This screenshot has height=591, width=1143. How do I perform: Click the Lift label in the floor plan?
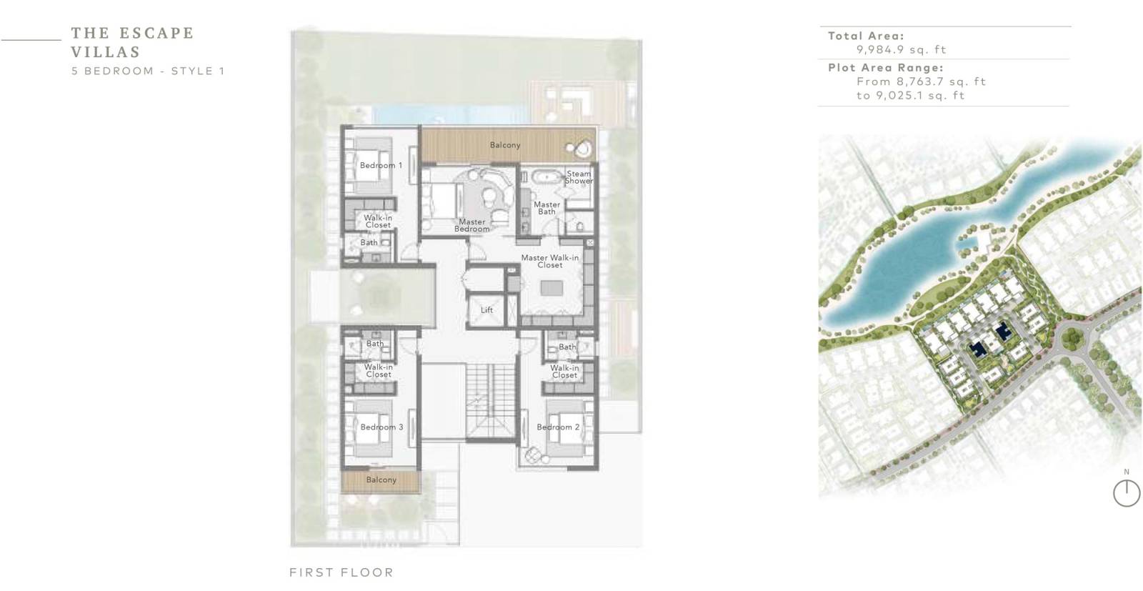click(486, 309)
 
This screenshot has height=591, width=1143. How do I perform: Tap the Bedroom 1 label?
click(381, 165)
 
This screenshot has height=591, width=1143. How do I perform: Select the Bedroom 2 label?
click(558, 427)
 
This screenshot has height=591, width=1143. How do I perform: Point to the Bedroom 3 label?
click(381, 427)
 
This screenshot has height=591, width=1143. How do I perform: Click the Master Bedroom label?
click(472, 225)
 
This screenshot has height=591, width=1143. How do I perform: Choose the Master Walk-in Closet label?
click(549, 262)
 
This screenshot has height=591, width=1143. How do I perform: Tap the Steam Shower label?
click(579, 177)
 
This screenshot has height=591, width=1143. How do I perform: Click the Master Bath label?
click(546, 208)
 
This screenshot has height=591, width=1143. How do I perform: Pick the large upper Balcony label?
click(505, 145)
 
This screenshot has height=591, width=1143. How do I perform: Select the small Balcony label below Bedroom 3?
click(381, 480)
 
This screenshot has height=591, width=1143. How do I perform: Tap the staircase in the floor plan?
click(489, 400)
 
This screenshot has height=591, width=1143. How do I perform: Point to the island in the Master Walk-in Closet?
click(551, 288)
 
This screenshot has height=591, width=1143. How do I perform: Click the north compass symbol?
click(1126, 492)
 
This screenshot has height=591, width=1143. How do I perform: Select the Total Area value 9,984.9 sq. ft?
click(901, 49)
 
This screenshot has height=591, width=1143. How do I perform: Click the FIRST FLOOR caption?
click(341, 572)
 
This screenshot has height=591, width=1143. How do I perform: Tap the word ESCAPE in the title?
click(156, 33)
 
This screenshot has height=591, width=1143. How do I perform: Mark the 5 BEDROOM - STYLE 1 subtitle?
click(148, 71)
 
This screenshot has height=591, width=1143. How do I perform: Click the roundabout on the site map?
click(1072, 337)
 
